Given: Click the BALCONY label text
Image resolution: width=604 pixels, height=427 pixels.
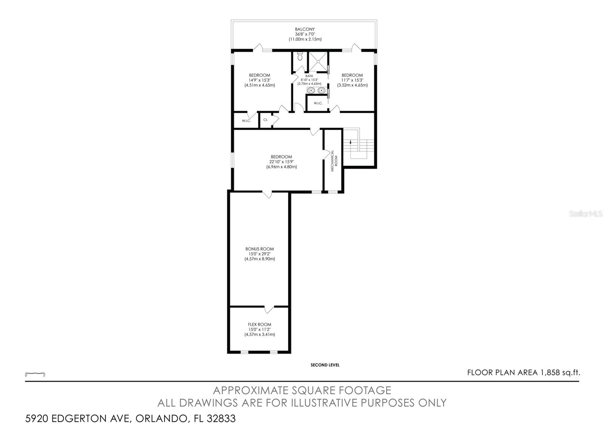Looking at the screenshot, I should coord(305,29).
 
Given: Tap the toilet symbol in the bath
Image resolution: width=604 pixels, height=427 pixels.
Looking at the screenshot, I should coord(300,57).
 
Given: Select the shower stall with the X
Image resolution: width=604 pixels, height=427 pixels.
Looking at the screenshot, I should coord(318,61).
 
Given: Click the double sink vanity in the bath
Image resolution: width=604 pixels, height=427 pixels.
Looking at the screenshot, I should coord(316,90).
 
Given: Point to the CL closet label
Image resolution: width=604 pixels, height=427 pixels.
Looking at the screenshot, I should coord(265,120).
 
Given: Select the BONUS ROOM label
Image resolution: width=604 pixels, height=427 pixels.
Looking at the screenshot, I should coord(259,249).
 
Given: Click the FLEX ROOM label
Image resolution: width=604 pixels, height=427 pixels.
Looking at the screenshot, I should coord(259,324).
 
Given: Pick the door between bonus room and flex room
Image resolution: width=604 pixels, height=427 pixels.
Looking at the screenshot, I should coord(269,309).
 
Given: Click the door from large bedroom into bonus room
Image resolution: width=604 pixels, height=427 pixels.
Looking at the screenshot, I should coord(268,194).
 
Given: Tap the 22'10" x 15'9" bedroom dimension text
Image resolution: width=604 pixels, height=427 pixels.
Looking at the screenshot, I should coord(281,162).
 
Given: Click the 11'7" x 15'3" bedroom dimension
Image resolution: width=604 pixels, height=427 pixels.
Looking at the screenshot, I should coord(352,80).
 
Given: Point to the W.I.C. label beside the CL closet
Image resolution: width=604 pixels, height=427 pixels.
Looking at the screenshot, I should coord(246,121).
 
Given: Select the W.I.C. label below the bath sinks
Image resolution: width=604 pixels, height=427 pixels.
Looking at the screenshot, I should coord(317,103).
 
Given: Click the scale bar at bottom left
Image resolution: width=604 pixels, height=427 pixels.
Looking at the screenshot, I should coord(35,373).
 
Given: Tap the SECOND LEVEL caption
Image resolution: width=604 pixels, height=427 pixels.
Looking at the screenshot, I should coord(325,365).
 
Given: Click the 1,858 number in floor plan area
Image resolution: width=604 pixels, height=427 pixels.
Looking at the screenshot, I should coord(549,373).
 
